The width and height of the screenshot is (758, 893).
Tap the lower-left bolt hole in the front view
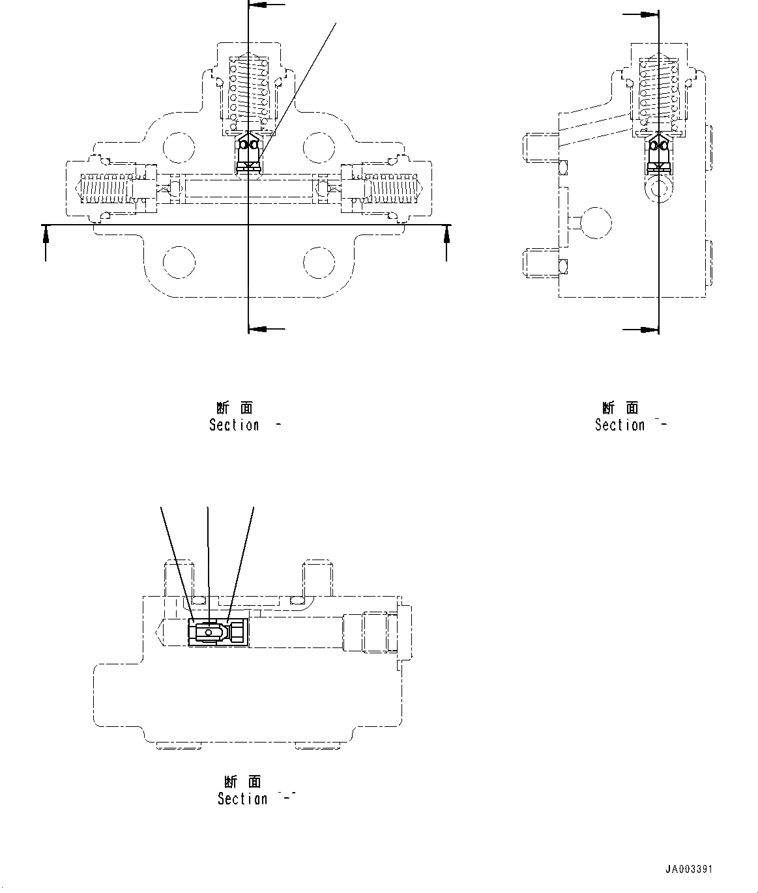pyautogui.click(x=179, y=262)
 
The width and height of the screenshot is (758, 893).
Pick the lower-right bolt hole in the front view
pyautogui.click(x=319, y=262)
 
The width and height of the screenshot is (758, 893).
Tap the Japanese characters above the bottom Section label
pyautogui.click(x=242, y=782)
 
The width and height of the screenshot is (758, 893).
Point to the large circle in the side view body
pyautogui.click(x=596, y=223)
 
